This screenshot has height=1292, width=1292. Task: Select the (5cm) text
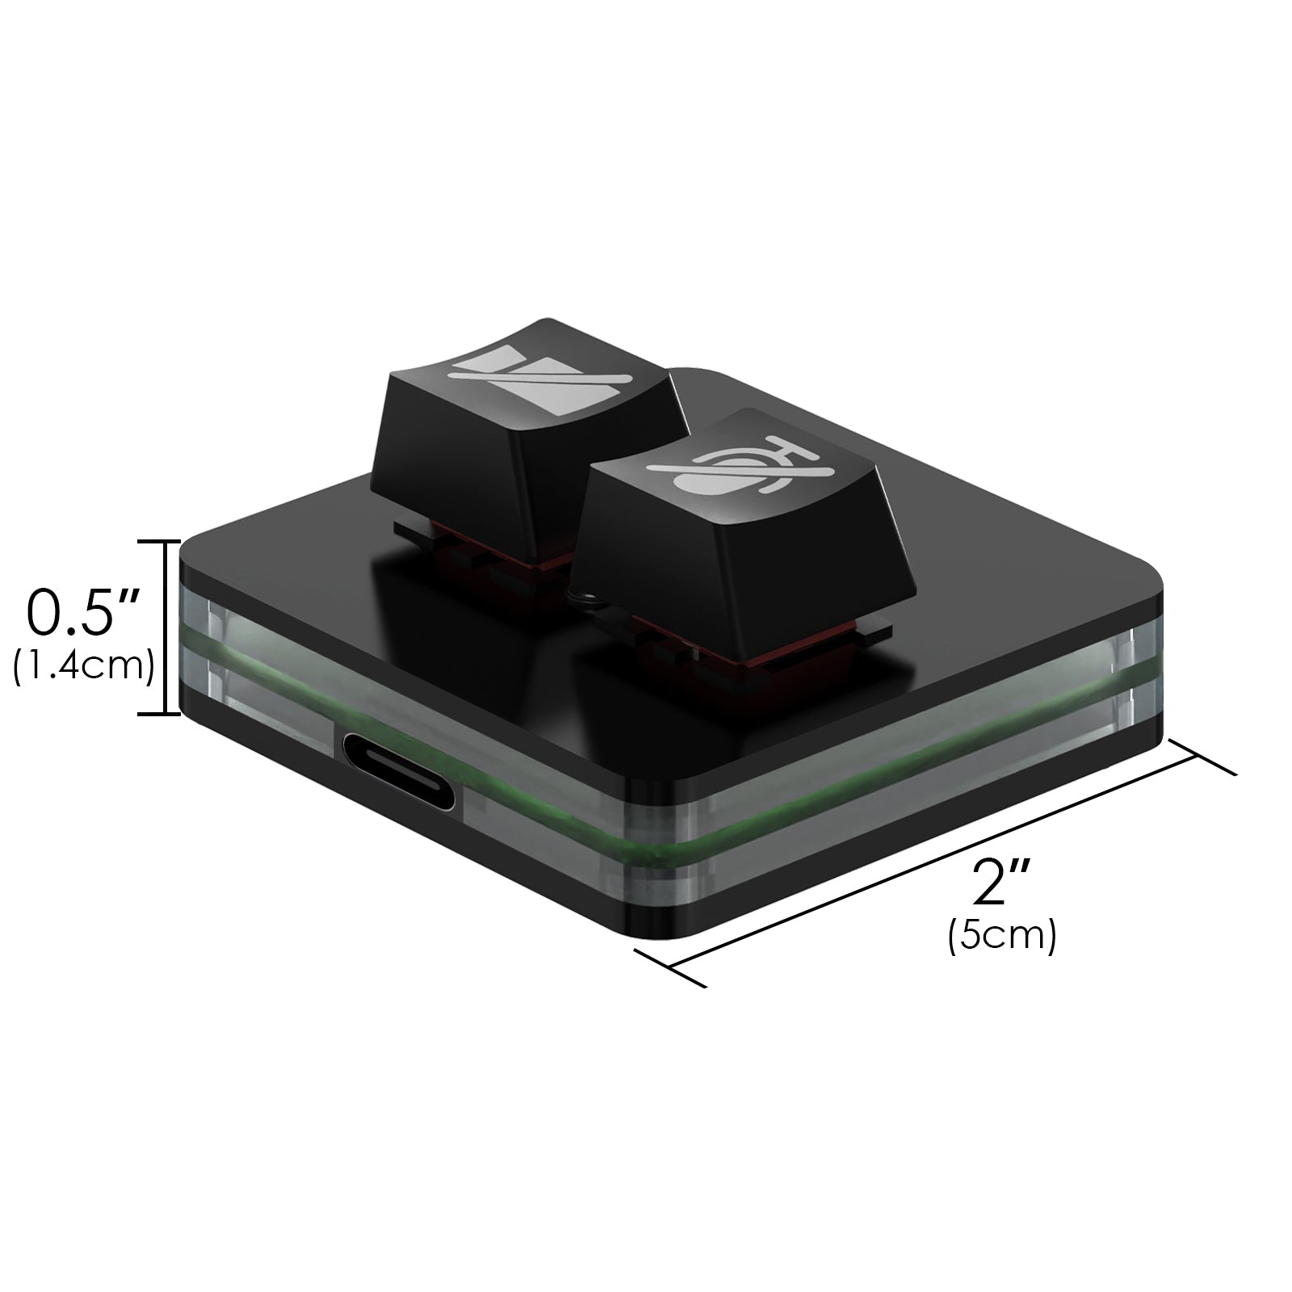point(1002,938)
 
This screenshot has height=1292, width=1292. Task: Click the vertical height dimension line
point(166,627)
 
